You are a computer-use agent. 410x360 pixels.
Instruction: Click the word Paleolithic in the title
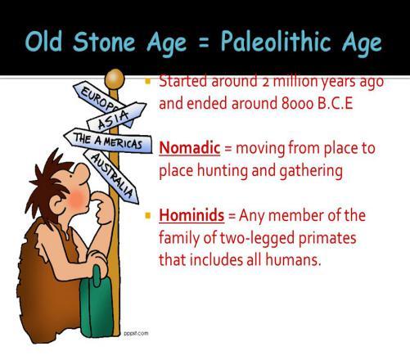coord(276,41)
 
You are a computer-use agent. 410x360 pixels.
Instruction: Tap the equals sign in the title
coord(204,43)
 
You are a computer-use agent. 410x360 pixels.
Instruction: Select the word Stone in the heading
coord(104,42)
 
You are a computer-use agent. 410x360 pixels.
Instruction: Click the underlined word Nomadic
coord(190,148)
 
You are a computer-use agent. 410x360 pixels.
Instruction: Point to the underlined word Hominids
coord(191,215)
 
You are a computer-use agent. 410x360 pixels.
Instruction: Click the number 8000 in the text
coord(297,104)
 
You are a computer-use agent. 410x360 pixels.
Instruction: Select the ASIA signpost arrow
coord(116,117)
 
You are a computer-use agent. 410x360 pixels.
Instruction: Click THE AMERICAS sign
coord(108,140)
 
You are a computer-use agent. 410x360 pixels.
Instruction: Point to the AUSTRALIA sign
coord(111,177)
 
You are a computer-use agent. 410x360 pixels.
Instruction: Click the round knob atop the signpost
coord(115,79)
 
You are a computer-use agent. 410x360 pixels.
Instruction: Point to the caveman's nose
coord(83,171)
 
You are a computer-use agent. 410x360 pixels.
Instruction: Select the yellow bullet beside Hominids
coord(148,216)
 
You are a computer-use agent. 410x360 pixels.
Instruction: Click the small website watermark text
coord(136,333)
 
